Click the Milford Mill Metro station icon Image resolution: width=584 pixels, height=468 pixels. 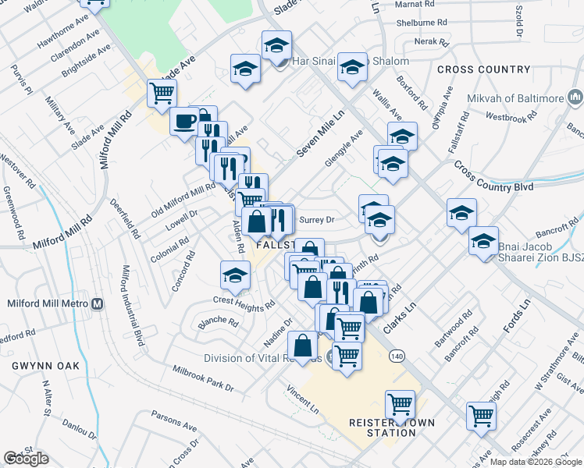[x=98, y=303]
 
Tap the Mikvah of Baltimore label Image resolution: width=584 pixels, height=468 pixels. [x=515, y=99]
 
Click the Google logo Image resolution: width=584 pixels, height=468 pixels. [x=27, y=459]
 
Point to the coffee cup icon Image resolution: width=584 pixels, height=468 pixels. [x=184, y=121]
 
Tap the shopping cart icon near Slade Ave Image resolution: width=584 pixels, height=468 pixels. [x=162, y=93]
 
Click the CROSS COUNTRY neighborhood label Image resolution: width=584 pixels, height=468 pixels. [x=479, y=69]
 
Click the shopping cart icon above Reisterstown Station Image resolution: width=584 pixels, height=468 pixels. [x=400, y=404]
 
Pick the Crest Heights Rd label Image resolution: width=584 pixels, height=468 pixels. [x=244, y=303]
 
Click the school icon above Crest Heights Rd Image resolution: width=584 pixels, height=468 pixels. [x=235, y=274]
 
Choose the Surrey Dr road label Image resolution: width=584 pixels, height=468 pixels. [x=317, y=220]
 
